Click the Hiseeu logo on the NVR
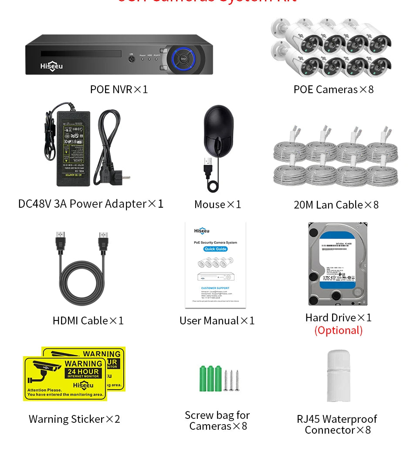click(51, 66)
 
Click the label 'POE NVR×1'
click(119, 89)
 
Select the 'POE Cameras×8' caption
click(333, 89)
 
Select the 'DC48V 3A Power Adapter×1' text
click(91, 203)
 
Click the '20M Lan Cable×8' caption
click(336, 204)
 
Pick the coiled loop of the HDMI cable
click(81, 283)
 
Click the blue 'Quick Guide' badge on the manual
click(215, 249)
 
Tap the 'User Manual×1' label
click(217, 320)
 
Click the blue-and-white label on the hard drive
click(338, 259)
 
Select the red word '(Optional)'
click(338, 330)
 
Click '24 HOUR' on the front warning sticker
click(83, 371)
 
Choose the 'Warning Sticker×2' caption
click(74, 419)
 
